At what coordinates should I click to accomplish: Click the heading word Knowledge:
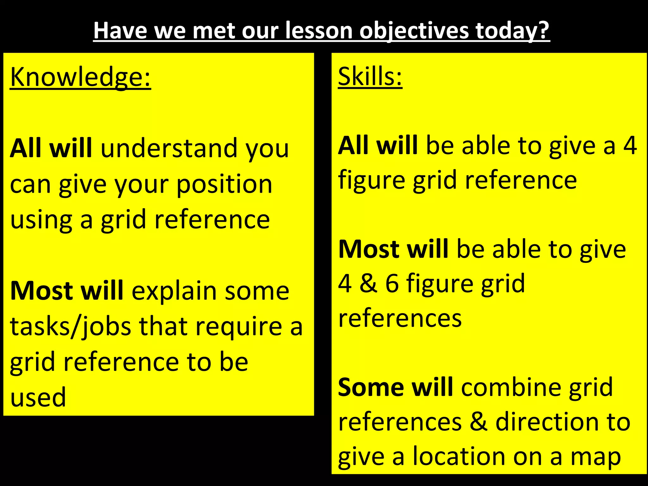point(80,78)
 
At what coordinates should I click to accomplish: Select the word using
point(41,220)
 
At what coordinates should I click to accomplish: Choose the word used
point(38,397)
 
